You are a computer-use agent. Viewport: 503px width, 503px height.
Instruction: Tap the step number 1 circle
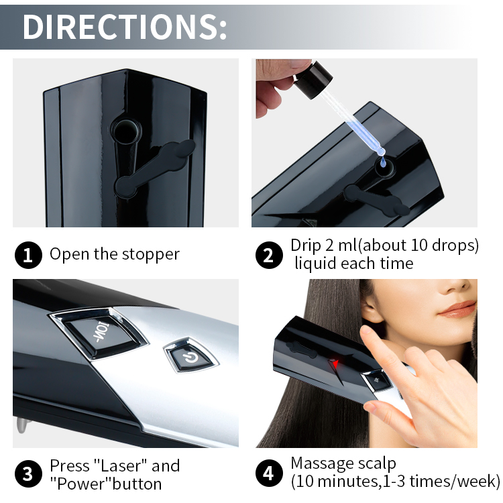(x=27, y=255)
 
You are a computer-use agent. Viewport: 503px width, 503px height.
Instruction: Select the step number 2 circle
(x=268, y=255)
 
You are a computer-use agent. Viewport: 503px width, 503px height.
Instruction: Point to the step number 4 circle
(x=268, y=473)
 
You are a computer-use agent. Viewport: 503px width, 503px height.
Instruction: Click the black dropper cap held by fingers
(x=312, y=79)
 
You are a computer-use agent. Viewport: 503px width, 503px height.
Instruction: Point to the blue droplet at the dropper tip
(x=381, y=161)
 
